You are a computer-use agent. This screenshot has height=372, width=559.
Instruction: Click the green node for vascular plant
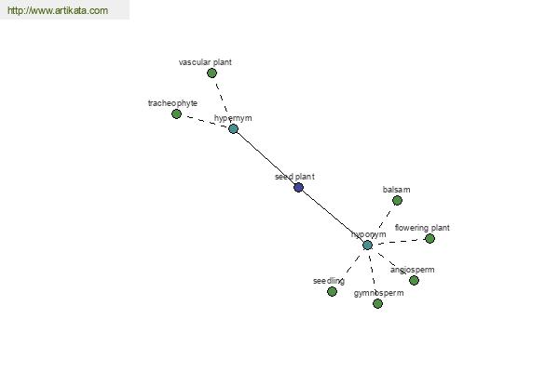211,73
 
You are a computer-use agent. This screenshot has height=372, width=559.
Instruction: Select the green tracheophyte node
176,113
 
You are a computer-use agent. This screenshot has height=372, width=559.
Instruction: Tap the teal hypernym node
233,129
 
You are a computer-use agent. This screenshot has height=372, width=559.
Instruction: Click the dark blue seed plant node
298,187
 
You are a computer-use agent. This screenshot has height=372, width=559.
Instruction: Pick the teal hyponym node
368,245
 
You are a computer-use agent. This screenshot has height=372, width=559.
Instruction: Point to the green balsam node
397,201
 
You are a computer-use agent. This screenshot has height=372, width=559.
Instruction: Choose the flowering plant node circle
429,238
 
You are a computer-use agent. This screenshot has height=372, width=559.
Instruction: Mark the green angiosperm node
414,281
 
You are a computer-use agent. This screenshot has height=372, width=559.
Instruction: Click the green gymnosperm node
377,304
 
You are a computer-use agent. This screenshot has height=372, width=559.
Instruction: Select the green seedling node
332,291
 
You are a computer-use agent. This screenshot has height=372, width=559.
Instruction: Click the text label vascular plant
205,62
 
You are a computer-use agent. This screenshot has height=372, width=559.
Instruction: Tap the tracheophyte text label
172,103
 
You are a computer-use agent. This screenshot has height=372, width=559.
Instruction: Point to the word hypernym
233,118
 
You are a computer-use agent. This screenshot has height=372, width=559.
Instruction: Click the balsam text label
397,190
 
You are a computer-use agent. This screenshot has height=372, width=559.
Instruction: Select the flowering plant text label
422,228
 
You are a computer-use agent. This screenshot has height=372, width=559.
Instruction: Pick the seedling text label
329,281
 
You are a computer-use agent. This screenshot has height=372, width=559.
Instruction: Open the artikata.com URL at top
58,10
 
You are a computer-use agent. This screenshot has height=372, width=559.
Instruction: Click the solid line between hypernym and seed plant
266,158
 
